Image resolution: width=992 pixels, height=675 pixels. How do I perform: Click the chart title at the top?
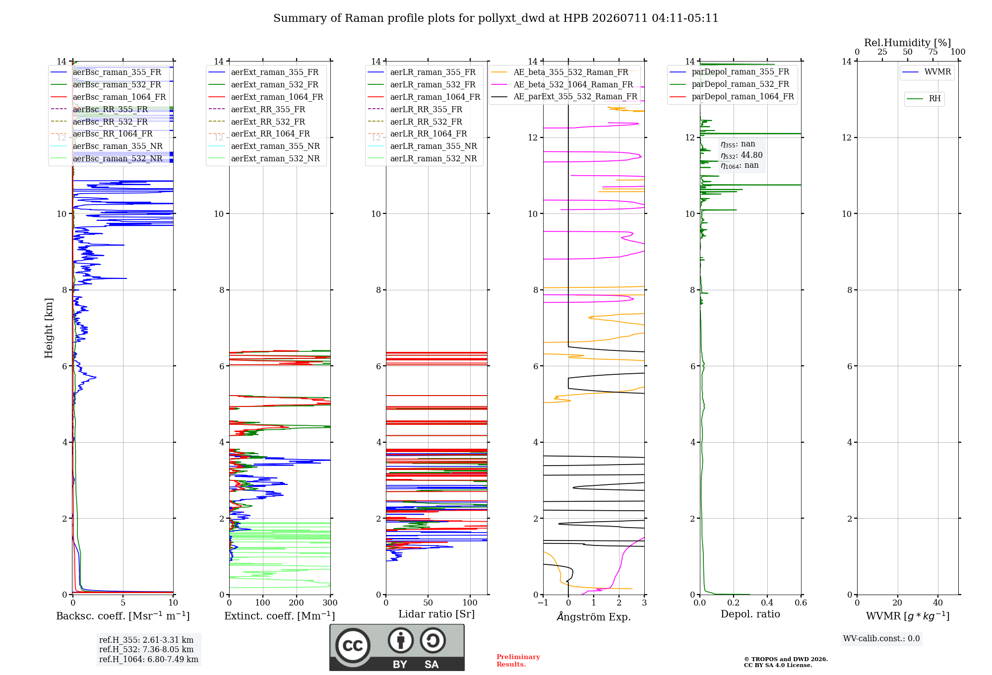click(x=496, y=18)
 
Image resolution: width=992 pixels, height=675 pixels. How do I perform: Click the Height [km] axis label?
click(x=49, y=328)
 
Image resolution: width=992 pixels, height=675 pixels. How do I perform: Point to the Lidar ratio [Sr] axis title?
click(x=436, y=614)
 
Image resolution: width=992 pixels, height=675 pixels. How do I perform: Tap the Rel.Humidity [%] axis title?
click(x=908, y=43)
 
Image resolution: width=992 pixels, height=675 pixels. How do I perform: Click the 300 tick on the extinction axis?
click(x=330, y=603)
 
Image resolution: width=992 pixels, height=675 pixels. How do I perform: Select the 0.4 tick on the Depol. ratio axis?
click(x=767, y=603)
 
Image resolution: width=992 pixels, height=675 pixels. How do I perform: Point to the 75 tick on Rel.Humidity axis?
click(x=933, y=52)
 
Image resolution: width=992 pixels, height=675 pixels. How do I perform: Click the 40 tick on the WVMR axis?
click(x=938, y=603)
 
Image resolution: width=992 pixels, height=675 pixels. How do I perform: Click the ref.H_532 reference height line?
click(x=146, y=650)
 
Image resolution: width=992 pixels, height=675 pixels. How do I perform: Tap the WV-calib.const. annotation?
click(x=881, y=639)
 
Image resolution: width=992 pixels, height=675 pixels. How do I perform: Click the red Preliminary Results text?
click(x=518, y=661)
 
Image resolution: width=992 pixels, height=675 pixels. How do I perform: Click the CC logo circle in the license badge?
click(x=353, y=646)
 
